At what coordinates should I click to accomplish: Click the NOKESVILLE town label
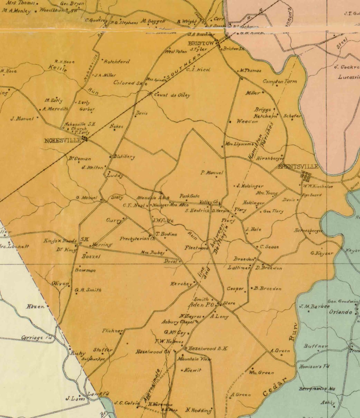pyautogui.click(x=63, y=141)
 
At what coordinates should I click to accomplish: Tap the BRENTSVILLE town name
pyautogui.click(x=298, y=167)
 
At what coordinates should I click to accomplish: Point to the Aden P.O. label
pyautogui.click(x=201, y=305)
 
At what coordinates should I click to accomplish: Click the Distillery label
pyautogui.click(x=124, y=157)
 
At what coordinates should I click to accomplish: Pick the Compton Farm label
pyautogui.click(x=280, y=82)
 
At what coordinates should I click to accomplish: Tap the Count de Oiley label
pyautogui.click(x=172, y=95)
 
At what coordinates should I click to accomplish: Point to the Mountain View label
pyautogui.click(x=194, y=359)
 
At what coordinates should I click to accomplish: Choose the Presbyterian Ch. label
pyautogui.click(x=137, y=239)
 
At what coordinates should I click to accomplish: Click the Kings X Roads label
pyautogui.click(x=60, y=241)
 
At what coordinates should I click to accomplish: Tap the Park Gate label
pyautogui.click(x=189, y=196)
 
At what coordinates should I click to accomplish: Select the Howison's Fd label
pyautogui.click(x=314, y=367)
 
